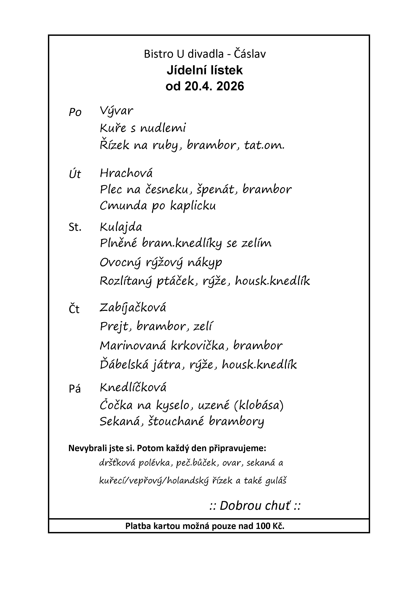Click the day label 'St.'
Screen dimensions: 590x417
(x=75, y=227)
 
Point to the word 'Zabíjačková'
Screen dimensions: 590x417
(x=133, y=308)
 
